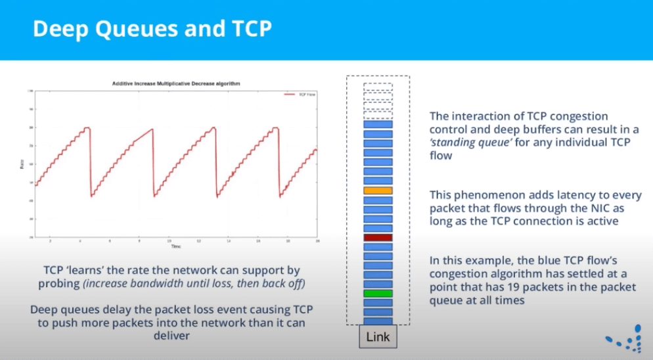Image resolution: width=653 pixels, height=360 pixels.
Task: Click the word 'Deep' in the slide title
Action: [x=59, y=30]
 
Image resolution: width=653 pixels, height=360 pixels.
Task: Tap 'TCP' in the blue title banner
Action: [x=250, y=30]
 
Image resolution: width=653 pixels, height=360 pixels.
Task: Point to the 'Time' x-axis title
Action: [x=175, y=246]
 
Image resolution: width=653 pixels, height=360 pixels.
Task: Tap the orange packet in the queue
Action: [x=378, y=191]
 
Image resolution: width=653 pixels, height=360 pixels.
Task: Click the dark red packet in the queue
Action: [x=378, y=237]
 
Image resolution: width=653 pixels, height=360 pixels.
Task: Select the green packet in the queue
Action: [x=378, y=294]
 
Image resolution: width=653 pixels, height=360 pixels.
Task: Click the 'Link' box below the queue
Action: [x=378, y=338]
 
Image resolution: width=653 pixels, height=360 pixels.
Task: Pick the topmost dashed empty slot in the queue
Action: [x=378, y=86]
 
